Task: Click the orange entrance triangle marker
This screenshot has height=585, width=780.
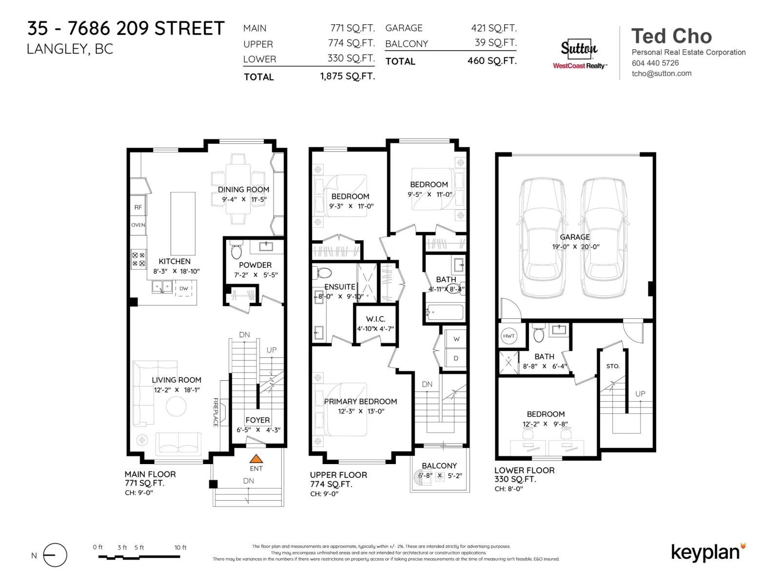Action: (x=256, y=459)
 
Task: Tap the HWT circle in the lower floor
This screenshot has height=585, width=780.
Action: (x=508, y=336)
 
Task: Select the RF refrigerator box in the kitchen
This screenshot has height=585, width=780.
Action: (x=138, y=207)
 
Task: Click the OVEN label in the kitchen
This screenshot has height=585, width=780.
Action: (x=138, y=225)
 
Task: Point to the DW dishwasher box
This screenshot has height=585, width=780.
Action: (x=184, y=289)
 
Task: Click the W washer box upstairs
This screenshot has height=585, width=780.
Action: (x=456, y=339)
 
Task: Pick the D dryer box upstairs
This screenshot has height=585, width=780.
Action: (x=456, y=358)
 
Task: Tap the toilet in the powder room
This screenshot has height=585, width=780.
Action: (x=236, y=251)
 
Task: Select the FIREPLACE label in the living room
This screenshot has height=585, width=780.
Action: (x=215, y=412)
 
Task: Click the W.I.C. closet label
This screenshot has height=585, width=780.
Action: (x=375, y=319)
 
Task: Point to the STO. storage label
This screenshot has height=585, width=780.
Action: (x=613, y=366)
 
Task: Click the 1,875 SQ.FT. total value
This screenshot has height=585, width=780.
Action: (x=347, y=77)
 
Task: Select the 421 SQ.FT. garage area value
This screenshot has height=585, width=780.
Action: (x=493, y=28)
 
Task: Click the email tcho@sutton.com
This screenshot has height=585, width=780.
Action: (x=661, y=74)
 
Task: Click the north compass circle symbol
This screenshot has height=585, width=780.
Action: (x=55, y=555)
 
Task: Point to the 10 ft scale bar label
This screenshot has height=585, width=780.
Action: (x=180, y=547)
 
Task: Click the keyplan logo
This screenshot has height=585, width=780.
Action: (x=707, y=552)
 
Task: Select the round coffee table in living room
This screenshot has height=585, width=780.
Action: (x=176, y=406)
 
